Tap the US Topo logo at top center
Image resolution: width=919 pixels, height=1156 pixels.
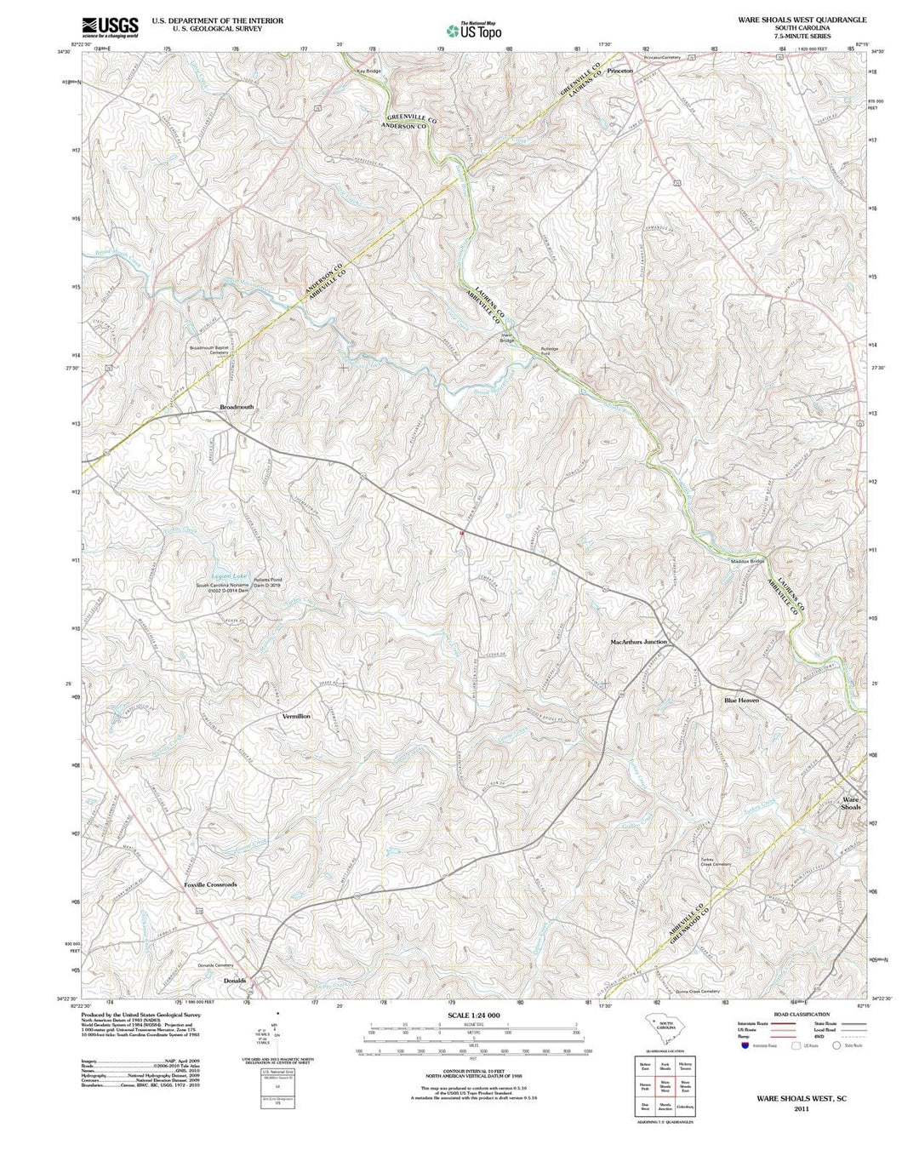coord(474,31)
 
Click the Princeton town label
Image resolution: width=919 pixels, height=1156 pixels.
coord(619,71)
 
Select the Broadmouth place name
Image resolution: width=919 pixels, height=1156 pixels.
coord(237,407)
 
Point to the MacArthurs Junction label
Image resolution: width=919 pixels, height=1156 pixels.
coord(638,641)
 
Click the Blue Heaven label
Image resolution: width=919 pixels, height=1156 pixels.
coord(741,700)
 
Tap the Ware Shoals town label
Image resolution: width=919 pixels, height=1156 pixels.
coord(851,803)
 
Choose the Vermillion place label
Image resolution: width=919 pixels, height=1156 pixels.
coord(296,717)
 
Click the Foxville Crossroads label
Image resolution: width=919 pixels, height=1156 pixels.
coord(210,884)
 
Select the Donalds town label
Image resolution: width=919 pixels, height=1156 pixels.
coord(234,980)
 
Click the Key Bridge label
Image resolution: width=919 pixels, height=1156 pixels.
coord(369,71)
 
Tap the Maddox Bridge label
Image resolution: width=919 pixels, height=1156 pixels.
coord(747,562)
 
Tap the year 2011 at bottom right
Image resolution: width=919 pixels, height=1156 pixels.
coord(801,1109)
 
